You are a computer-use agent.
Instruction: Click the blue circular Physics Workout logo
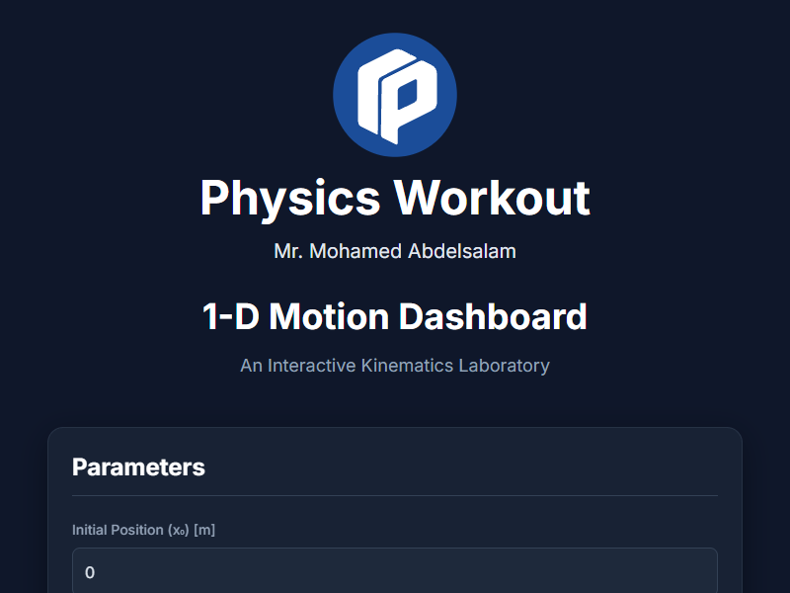[395, 94]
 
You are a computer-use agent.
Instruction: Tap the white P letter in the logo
[405, 96]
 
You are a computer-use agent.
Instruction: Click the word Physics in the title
[290, 198]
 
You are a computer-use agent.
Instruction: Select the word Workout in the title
[493, 198]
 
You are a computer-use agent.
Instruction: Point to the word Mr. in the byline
[289, 251]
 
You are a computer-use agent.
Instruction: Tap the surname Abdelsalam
[461, 251]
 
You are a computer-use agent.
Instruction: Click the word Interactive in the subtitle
[314, 366]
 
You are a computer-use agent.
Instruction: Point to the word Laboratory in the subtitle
[504, 366]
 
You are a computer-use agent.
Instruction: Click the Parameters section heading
[138, 467]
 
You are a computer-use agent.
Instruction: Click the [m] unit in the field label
[204, 530]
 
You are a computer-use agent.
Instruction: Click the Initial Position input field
[395, 572]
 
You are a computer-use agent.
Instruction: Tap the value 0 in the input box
[90, 573]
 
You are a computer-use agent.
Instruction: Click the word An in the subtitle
[251, 366]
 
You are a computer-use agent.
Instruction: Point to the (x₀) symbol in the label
[179, 531]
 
